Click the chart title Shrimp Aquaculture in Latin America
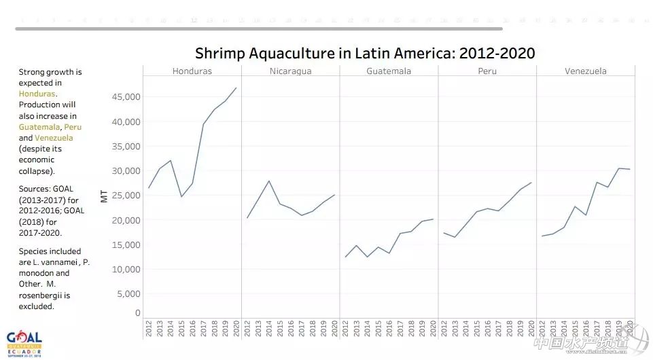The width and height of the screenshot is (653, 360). [365, 53]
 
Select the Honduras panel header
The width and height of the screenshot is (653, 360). [192, 71]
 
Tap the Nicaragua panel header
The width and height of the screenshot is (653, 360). [290, 71]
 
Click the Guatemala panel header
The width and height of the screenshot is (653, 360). [389, 71]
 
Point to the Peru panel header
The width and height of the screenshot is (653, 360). [487, 71]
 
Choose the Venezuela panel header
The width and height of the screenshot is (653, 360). [585, 71]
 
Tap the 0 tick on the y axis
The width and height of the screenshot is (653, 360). [137, 313]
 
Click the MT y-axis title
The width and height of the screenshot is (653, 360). [104, 196]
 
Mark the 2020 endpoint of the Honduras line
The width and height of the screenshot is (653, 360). [236, 88]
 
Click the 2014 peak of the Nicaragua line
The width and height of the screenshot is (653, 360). [269, 181]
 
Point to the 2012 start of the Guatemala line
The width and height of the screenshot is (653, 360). [346, 257]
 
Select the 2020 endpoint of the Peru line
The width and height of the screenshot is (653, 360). [531, 182]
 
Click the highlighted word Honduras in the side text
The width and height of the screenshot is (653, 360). [37, 94]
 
